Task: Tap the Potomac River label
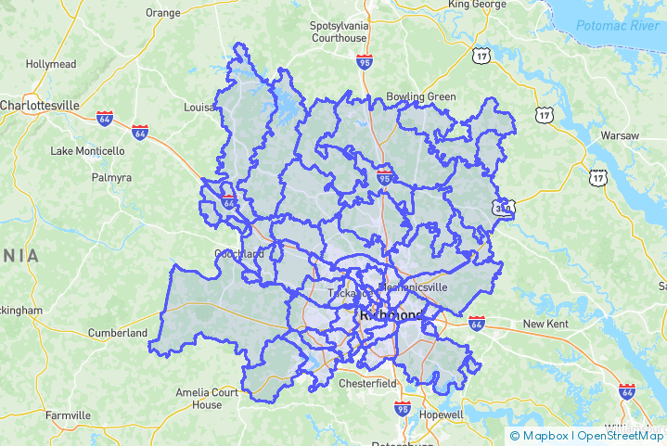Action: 618,26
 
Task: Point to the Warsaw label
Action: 620,135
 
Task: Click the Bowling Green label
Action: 421,96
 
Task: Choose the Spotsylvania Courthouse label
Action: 339,32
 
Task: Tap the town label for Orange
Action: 163,13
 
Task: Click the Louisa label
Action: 199,108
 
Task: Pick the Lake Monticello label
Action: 87,151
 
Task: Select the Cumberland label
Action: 117,333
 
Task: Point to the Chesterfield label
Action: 367,383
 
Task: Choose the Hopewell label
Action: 442,414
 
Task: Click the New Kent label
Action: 545,324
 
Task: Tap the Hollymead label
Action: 51,65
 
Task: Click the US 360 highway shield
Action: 505,210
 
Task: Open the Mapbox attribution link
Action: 542,436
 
